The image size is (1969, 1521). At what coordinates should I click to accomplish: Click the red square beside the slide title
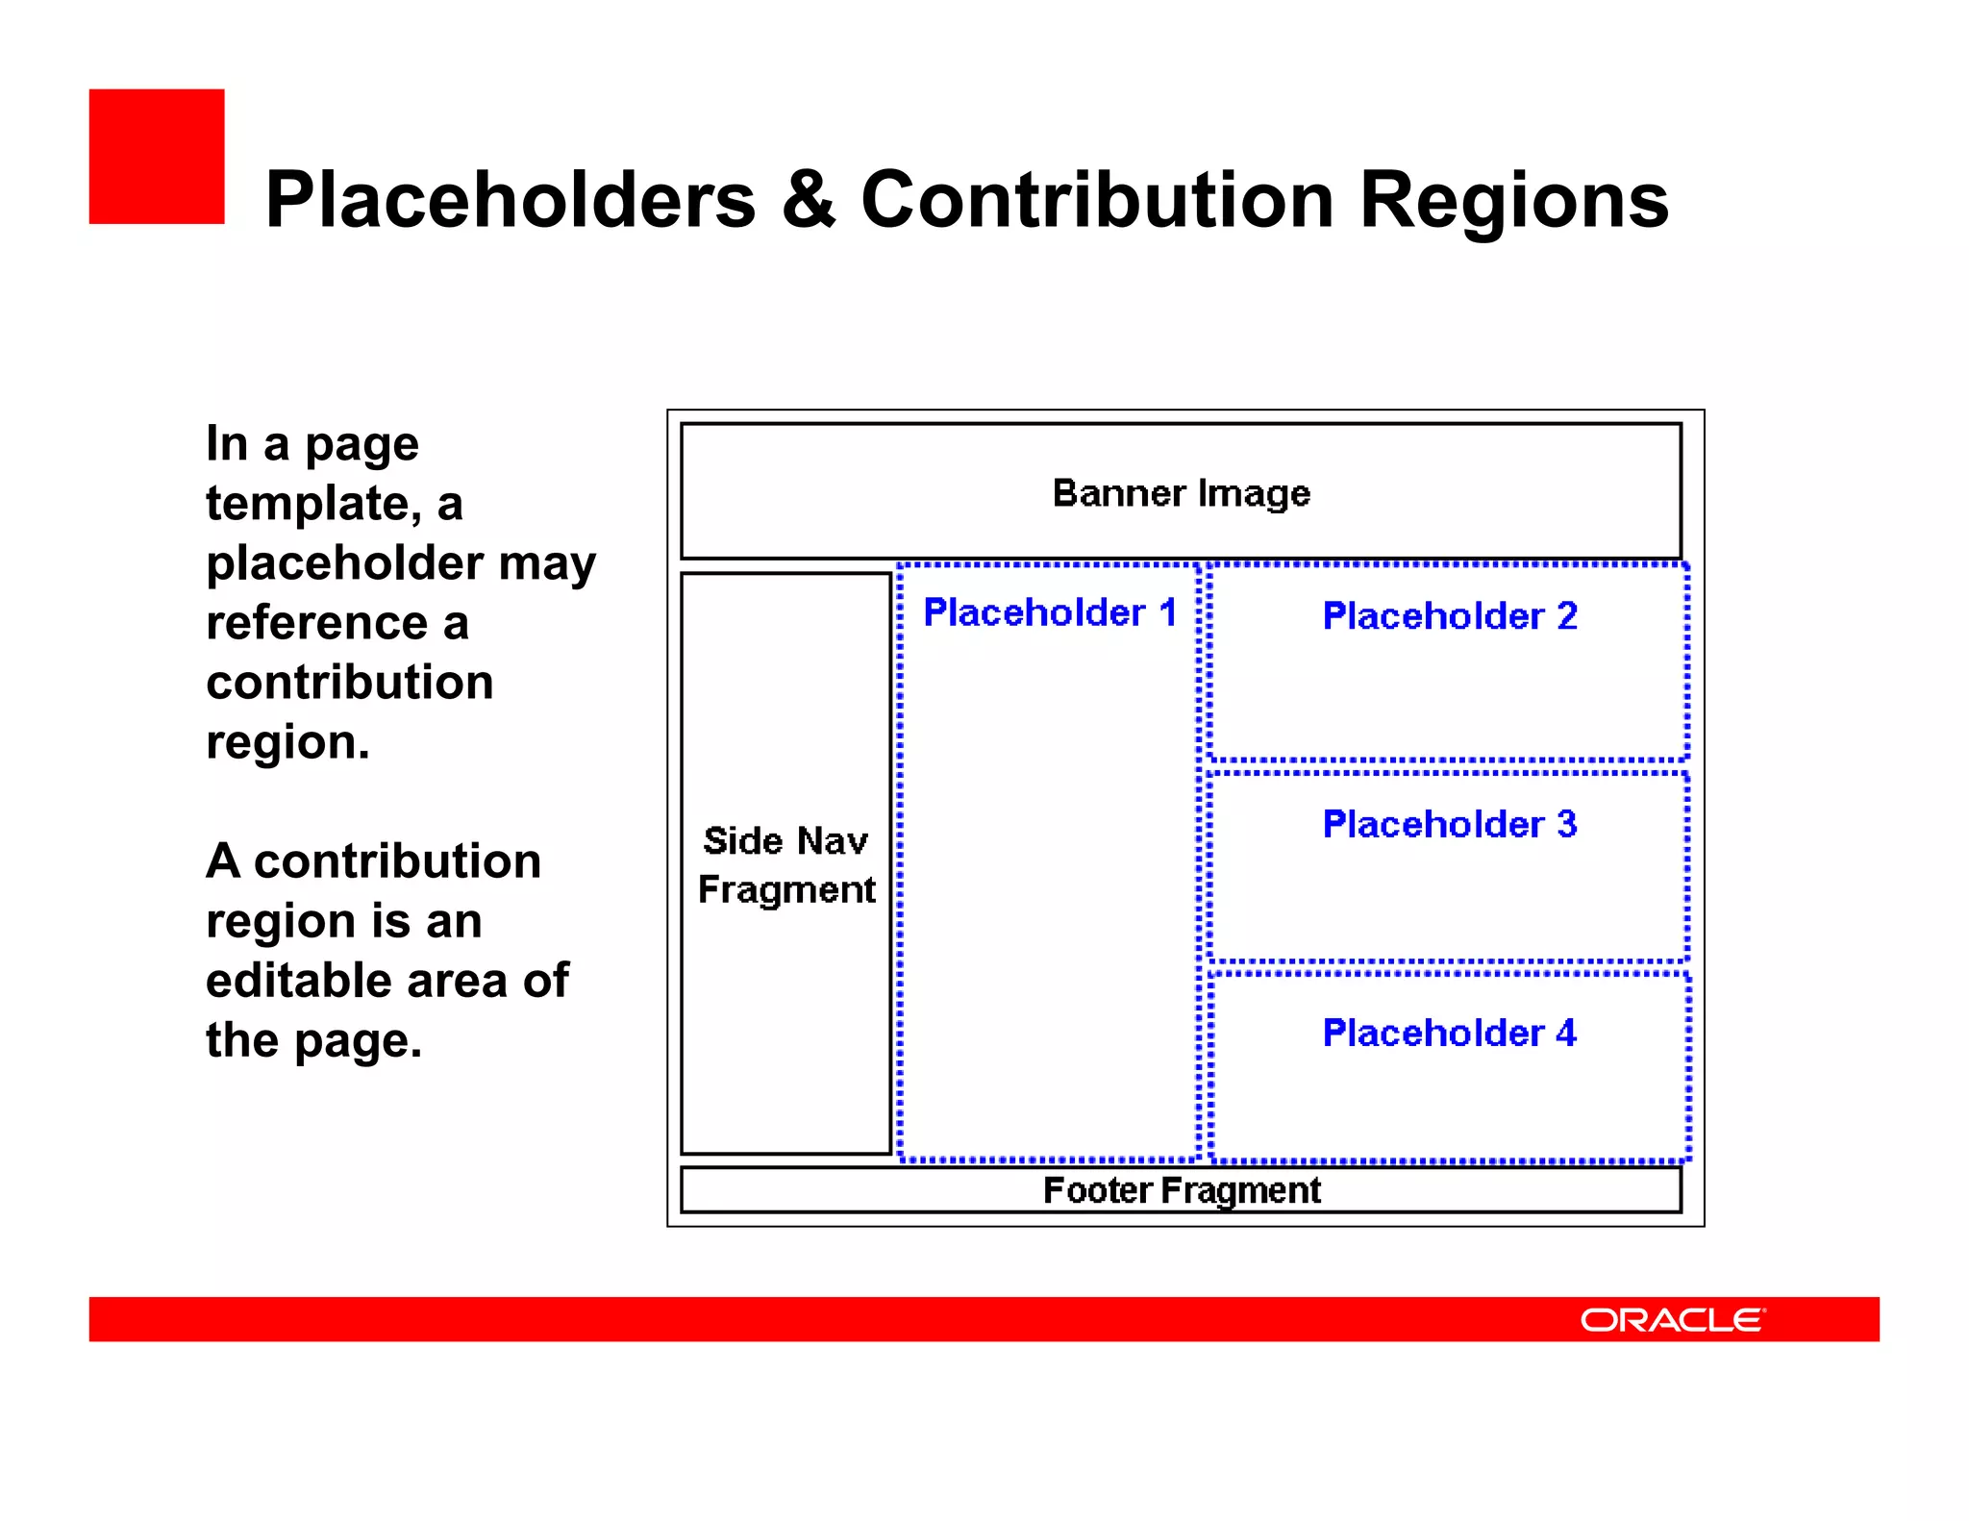(157, 157)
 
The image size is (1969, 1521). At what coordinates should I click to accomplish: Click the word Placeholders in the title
(511, 200)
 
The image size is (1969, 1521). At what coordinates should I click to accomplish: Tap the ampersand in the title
(808, 200)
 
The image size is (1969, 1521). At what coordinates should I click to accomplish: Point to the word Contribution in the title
(1097, 200)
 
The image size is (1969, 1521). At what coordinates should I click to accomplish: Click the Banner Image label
(1181, 493)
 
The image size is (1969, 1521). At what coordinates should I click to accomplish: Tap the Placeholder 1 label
(1049, 612)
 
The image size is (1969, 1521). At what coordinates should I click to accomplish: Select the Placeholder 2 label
(1449, 615)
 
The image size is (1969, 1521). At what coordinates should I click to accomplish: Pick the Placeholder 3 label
(1449, 824)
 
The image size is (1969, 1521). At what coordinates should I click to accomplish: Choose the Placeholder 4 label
(1449, 1033)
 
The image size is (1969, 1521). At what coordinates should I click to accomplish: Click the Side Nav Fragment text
(785, 865)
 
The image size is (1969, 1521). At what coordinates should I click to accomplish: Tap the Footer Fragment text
(1181, 1190)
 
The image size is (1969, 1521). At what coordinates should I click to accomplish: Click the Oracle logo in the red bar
(1672, 1320)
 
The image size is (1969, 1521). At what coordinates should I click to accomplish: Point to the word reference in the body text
(316, 623)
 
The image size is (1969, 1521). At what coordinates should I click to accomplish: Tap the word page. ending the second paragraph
(358, 1041)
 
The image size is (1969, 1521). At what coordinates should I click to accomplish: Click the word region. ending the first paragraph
(287, 742)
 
